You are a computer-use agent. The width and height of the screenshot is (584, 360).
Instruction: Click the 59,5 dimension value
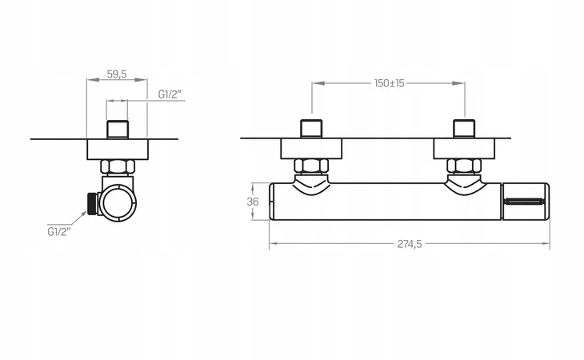point(117,74)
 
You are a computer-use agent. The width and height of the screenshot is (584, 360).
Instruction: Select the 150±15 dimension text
point(390,83)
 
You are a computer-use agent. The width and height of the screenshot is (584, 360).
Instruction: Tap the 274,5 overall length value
point(410,244)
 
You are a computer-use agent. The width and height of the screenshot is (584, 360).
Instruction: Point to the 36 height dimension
point(253,202)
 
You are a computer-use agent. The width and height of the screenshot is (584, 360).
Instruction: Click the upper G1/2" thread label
point(170,94)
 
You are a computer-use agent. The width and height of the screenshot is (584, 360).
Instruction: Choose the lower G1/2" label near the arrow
point(59,231)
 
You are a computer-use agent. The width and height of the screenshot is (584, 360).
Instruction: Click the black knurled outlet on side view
point(92,203)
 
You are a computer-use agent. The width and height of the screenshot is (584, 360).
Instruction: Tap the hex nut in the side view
point(117,166)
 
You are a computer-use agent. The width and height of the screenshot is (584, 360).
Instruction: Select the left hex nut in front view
point(311,166)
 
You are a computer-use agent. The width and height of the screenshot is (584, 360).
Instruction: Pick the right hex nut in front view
point(464,166)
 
